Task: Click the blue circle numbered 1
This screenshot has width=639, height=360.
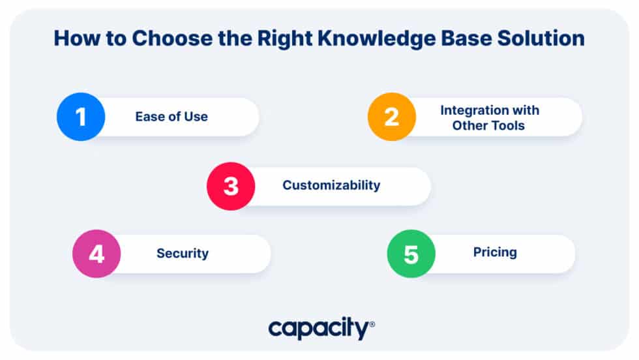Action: tap(81, 117)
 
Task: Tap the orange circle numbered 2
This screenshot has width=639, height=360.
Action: tap(392, 117)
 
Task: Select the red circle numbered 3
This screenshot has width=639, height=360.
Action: tap(231, 186)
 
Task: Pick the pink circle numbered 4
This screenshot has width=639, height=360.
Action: tap(97, 254)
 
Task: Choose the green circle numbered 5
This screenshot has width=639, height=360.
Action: tap(411, 254)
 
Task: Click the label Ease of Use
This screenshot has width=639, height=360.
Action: tap(171, 117)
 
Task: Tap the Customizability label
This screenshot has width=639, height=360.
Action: tap(331, 185)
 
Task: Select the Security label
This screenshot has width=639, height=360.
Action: tap(182, 253)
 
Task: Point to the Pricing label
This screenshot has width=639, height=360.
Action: tap(495, 252)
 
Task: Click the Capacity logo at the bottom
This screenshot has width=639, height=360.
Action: tap(319, 329)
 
